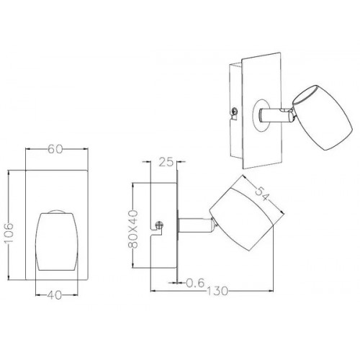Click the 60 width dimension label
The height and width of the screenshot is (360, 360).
click(x=55, y=149)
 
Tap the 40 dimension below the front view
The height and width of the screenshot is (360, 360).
click(x=55, y=295)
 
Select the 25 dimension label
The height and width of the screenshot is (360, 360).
click(x=166, y=162)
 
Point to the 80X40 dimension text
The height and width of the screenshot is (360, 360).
click(x=133, y=229)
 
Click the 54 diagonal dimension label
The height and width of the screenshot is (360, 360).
click(x=261, y=194)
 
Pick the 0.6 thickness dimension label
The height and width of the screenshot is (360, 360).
click(x=195, y=283)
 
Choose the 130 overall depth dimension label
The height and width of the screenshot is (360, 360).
click(x=217, y=291)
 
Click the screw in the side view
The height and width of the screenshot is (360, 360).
click(x=159, y=225)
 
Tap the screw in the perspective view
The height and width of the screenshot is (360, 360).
click(x=235, y=111)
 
